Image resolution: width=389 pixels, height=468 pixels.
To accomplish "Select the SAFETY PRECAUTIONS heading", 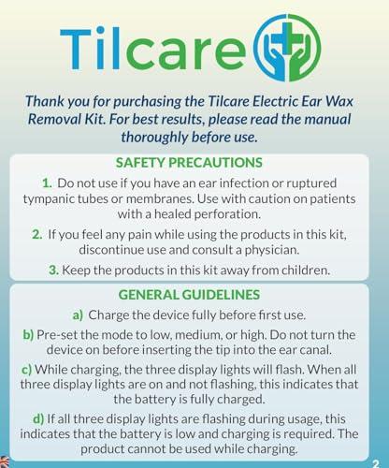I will pos(194,161).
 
